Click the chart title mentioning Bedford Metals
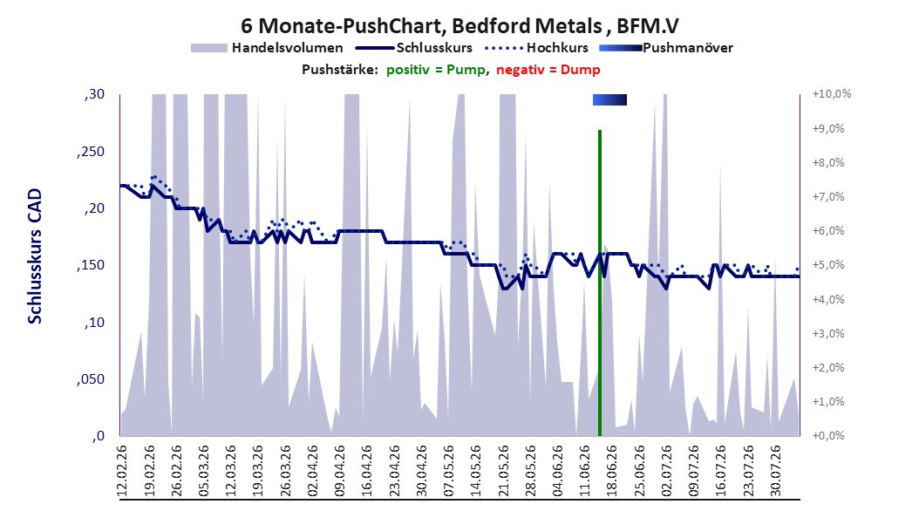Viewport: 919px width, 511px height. pos(459,26)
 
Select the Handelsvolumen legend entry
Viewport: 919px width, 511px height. pos(267,48)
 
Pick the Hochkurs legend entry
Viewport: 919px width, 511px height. pos(536,48)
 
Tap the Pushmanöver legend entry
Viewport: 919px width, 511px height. pos(666,48)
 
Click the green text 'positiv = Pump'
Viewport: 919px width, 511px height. pos(436,70)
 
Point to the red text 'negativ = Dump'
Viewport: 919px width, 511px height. pos(548,70)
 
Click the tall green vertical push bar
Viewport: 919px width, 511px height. pos(600,283)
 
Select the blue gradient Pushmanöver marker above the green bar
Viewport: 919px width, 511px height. pos(609,100)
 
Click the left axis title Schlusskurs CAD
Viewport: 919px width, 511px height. pos(35,256)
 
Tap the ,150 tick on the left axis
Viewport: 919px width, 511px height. pos(91,265)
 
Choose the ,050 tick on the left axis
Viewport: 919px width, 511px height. pos(91,379)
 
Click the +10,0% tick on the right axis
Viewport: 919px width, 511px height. pos(832,94)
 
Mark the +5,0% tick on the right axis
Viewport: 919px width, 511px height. pos(828,265)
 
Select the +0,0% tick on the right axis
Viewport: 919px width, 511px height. pos(828,435)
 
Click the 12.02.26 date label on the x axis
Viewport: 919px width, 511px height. pos(122,471)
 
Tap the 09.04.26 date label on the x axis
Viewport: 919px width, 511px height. pos(340,471)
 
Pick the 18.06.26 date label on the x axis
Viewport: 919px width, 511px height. pos(612,471)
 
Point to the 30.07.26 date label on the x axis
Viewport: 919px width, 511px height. pos(775,471)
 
